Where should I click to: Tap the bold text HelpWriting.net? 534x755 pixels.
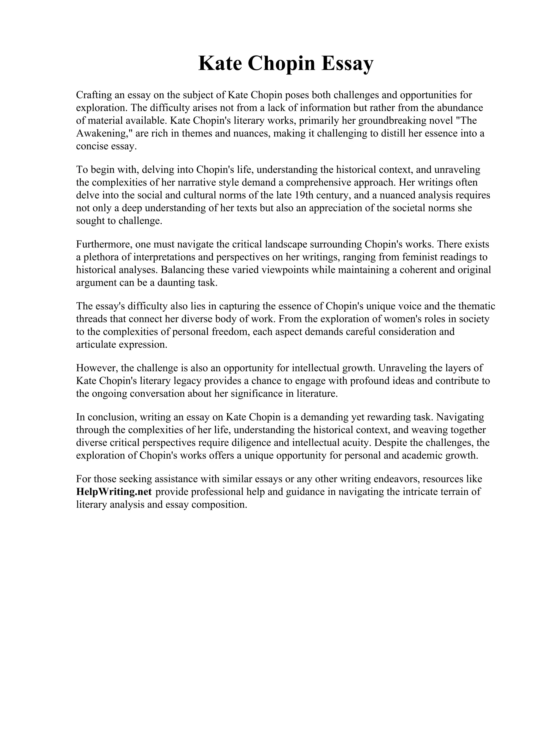click(114, 492)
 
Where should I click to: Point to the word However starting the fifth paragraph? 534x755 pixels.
click(95, 368)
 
